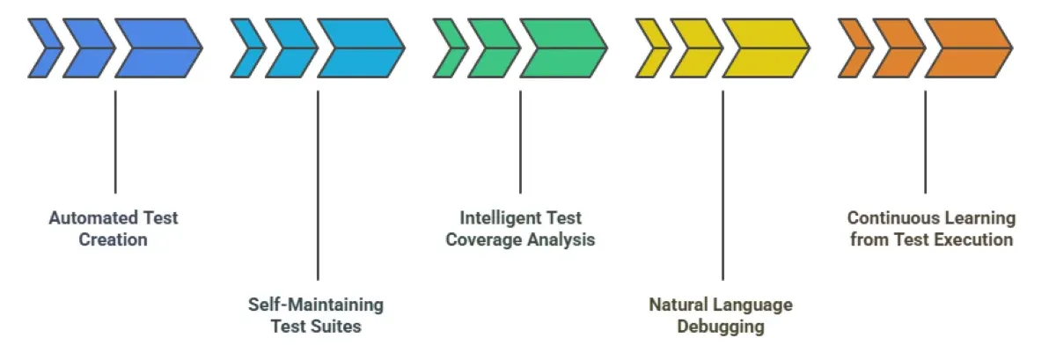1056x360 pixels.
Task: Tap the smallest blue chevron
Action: pos(44,48)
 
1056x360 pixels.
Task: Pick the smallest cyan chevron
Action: pos(246,48)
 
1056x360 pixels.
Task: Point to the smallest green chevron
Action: pos(449,48)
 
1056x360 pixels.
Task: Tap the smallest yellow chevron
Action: pos(651,48)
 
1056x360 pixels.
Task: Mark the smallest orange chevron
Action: pos(854,48)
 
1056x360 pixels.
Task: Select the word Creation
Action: pos(113,239)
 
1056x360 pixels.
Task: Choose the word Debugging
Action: pos(720,327)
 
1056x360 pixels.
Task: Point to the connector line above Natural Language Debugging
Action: pos(722,185)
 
